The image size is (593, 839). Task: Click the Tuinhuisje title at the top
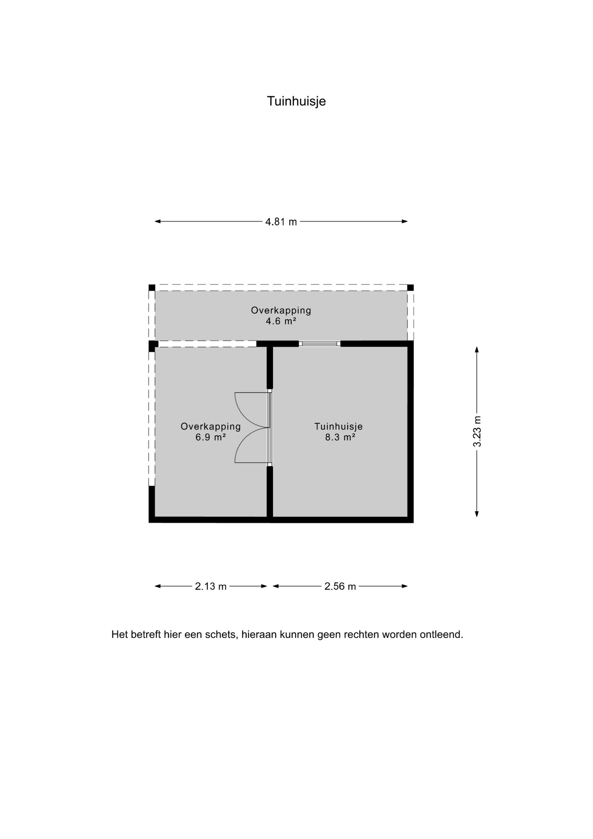(x=296, y=101)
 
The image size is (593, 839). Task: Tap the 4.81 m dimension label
(x=281, y=222)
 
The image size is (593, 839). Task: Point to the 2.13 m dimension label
(x=210, y=586)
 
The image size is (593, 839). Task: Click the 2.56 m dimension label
(x=340, y=586)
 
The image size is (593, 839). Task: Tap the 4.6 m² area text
(x=281, y=321)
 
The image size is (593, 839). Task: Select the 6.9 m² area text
(x=210, y=437)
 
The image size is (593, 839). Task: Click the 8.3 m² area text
(x=340, y=437)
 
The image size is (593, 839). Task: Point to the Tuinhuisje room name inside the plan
(x=338, y=426)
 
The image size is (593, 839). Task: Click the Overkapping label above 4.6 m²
(x=281, y=310)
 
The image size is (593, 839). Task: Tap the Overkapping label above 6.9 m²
(x=210, y=426)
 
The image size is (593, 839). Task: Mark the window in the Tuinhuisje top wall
(x=320, y=344)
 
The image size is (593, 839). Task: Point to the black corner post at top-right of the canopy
(x=410, y=288)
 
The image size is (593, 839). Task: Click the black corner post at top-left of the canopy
(x=152, y=288)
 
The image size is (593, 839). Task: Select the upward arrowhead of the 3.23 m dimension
(x=477, y=350)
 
